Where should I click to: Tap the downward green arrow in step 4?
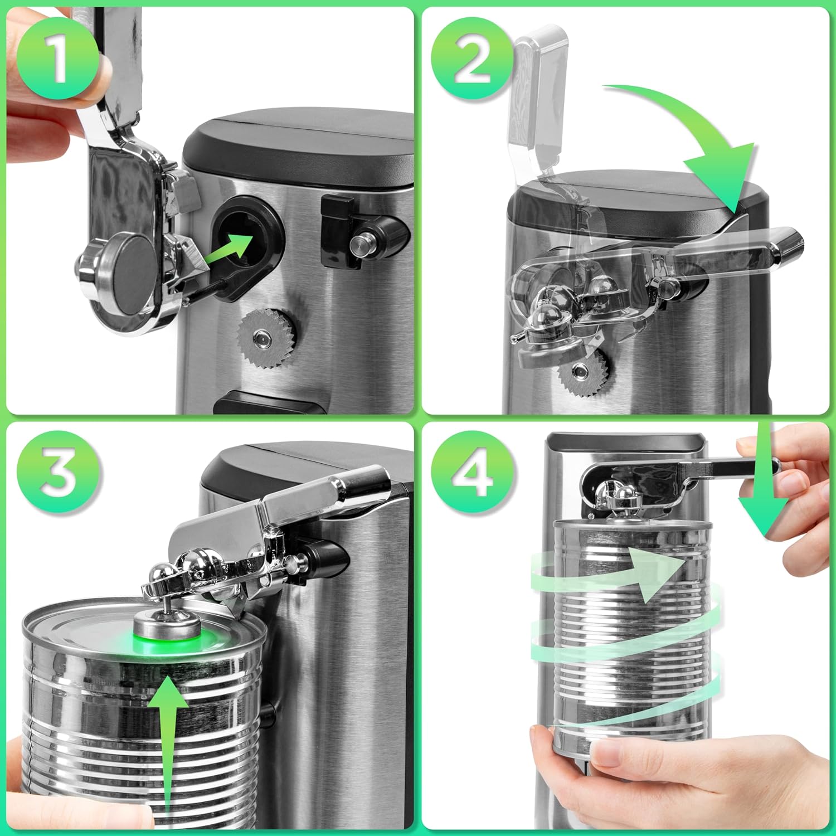point(764,490)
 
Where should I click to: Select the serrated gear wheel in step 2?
point(582,371)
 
